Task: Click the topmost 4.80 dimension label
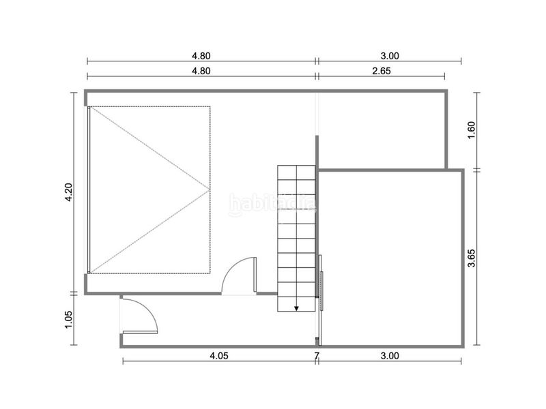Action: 201,56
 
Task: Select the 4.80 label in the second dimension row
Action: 201,71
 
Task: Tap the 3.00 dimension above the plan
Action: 390,56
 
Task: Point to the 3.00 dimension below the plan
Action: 390,356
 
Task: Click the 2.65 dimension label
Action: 382,71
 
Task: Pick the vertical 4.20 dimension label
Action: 69,192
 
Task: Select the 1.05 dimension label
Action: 69,319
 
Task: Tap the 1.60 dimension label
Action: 471,130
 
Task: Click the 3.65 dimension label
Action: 471,258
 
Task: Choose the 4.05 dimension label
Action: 219,356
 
